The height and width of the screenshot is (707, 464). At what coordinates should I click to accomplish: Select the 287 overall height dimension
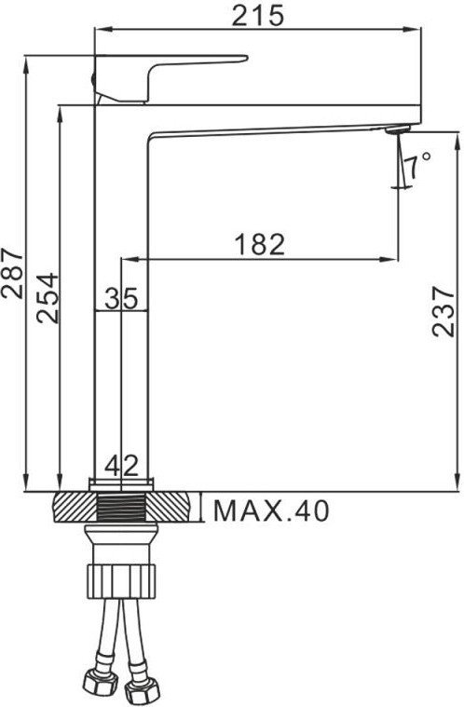click(x=13, y=273)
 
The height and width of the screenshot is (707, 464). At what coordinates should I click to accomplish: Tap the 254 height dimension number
click(x=47, y=297)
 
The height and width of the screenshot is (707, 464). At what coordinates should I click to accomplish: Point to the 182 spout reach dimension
click(x=260, y=244)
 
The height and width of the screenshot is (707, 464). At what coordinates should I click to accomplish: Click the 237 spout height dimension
click(x=445, y=310)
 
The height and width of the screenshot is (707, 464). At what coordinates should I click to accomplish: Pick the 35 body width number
click(x=121, y=298)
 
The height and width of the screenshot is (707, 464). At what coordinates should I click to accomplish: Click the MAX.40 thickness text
click(x=271, y=510)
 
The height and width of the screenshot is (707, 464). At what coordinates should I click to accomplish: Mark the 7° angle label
click(x=418, y=163)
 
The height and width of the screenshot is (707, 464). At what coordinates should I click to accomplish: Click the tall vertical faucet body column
click(x=121, y=373)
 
